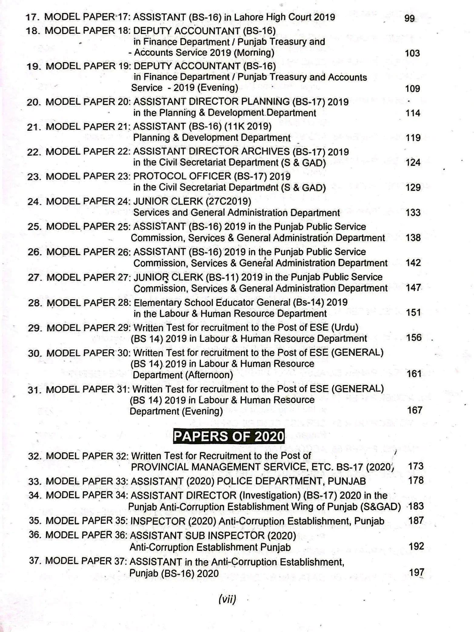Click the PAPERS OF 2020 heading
(229, 436)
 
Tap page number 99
(409, 18)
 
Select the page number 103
(412, 53)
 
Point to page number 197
(416, 572)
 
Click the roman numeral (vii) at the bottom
(227, 599)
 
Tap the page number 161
(414, 374)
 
